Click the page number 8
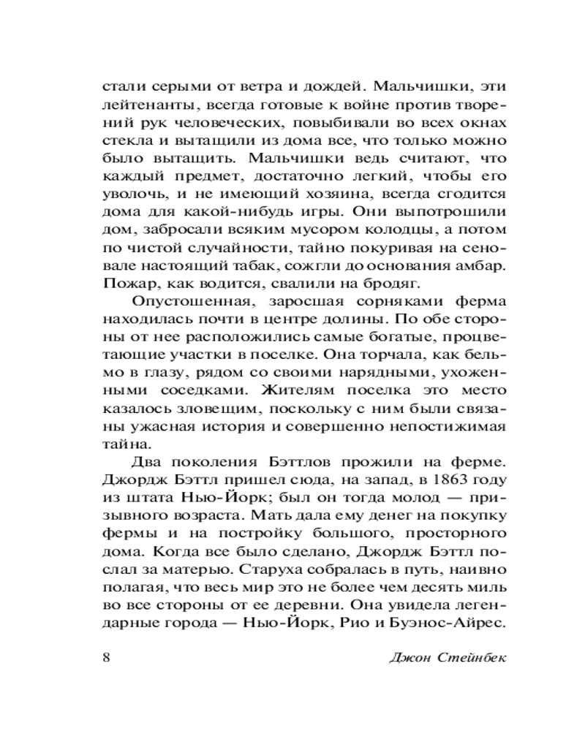[x=105, y=656]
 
